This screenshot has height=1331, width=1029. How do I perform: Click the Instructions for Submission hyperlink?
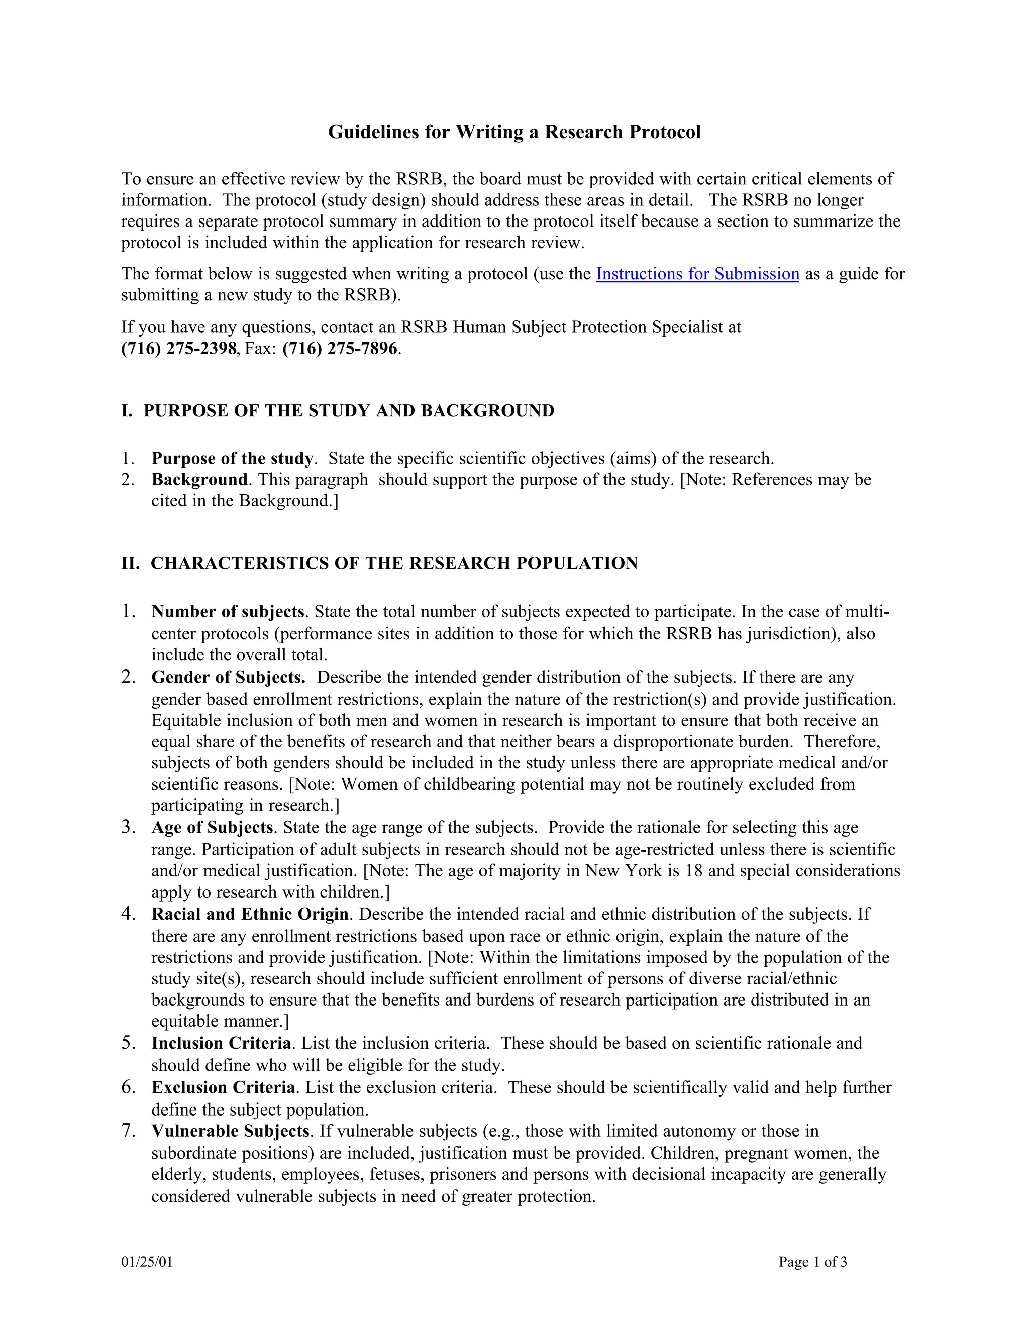697,274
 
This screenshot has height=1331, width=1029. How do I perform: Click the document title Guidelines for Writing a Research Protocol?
514,132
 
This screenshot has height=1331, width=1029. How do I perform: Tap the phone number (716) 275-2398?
178,349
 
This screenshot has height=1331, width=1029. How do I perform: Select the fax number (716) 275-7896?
340,349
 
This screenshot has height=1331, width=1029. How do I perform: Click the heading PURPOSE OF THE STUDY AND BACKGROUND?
349,411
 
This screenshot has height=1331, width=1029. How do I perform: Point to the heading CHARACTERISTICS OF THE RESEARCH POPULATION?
394,563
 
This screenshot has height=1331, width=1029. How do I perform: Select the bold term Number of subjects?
228,612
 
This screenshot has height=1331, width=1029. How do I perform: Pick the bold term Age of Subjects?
212,828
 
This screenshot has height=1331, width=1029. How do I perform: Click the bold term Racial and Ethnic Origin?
250,914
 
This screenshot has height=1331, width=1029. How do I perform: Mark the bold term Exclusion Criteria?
223,1088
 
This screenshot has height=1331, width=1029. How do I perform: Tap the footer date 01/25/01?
147,1262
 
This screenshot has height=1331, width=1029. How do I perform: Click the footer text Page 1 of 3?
812,1262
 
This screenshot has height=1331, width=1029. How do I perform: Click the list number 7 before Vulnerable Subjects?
128,1131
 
